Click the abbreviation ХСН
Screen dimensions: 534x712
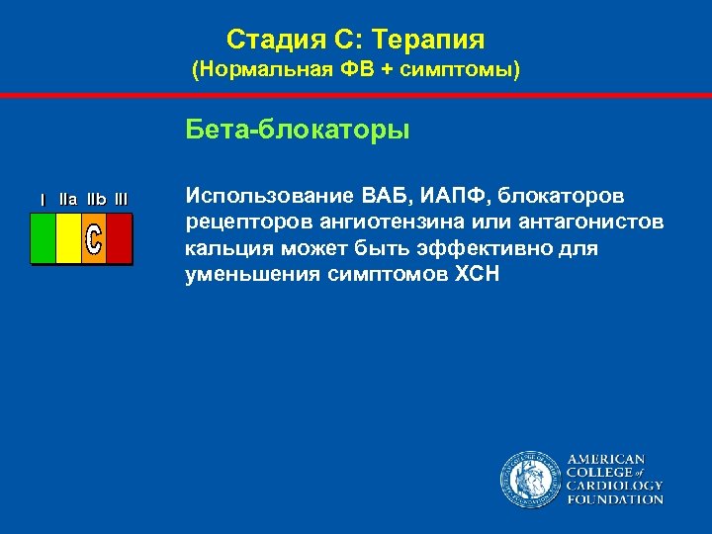point(476,274)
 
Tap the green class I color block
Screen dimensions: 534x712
point(44,238)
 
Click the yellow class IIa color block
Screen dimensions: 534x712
point(68,238)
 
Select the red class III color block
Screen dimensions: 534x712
point(119,238)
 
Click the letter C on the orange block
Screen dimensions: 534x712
point(93,238)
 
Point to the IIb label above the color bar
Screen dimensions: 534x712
point(95,200)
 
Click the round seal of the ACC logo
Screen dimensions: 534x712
point(530,480)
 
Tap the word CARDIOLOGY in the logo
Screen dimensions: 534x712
point(614,486)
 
